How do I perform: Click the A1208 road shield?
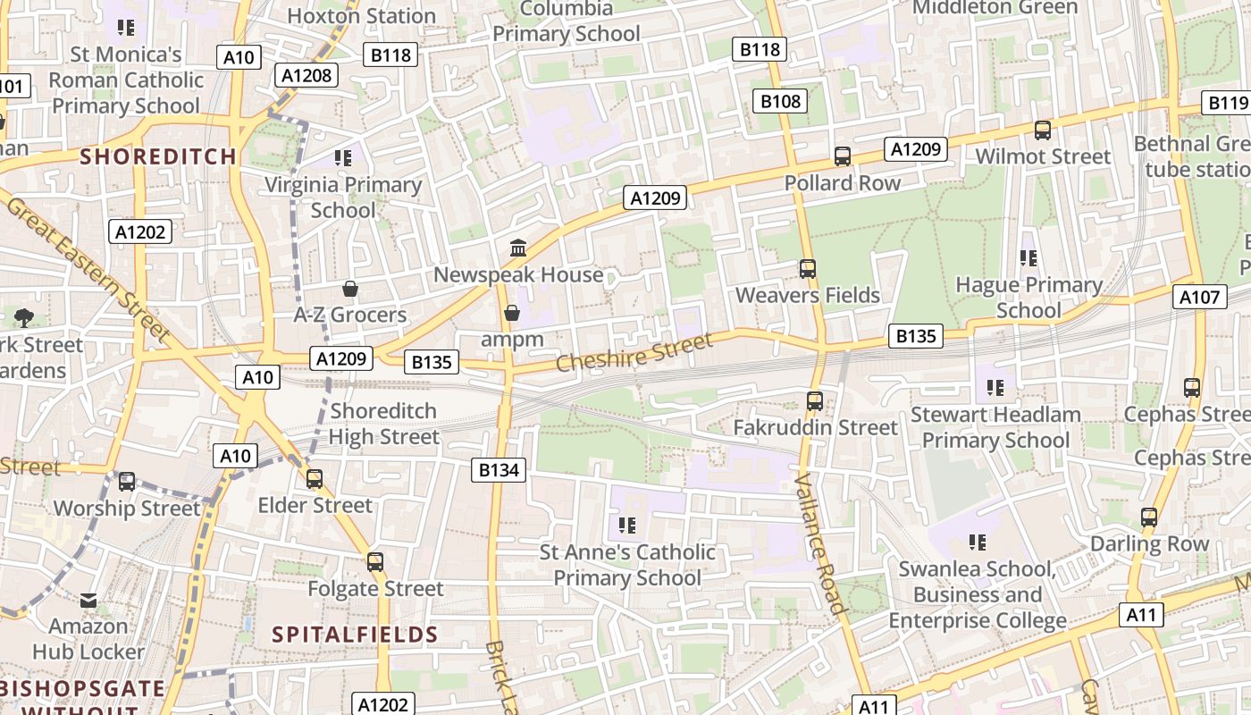[x=306, y=75]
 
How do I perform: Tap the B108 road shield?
[x=780, y=101]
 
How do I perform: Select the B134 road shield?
[x=499, y=469]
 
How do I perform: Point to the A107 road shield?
[x=1199, y=297]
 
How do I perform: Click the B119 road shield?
[x=1226, y=103]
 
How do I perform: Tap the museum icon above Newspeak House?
[x=518, y=248]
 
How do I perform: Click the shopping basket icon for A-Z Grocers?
[x=350, y=289]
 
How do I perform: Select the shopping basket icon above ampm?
[x=512, y=313]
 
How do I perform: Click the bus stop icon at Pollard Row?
[x=843, y=156]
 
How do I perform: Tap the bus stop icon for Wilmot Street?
[x=1043, y=130]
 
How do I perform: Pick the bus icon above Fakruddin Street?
[x=815, y=401]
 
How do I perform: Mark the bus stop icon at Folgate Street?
[x=375, y=562]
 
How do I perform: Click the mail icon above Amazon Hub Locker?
[x=88, y=601]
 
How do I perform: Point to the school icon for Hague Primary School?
[x=1029, y=258]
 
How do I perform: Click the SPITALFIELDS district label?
[x=355, y=635]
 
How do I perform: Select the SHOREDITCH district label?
[x=159, y=156]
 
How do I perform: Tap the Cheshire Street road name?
[x=634, y=352]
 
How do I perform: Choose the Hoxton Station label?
[x=362, y=16]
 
